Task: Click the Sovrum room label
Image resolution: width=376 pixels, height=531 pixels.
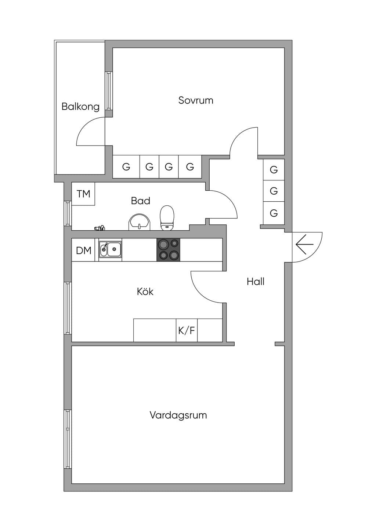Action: (196, 100)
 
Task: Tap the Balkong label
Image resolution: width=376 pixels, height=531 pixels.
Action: (80, 107)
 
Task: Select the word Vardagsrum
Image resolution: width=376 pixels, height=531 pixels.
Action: (178, 415)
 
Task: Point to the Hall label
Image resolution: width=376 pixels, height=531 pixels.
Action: (256, 281)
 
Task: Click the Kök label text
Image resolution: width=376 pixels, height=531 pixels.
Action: (145, 291)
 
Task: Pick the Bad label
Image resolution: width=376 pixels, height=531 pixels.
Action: (141, 201)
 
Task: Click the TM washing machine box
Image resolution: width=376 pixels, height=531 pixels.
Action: (83, 194)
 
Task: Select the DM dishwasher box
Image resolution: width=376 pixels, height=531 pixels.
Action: (83, 250)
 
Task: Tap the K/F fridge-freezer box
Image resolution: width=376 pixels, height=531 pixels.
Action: (187, 330)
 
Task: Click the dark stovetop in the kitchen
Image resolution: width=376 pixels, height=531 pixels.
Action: (168, 250)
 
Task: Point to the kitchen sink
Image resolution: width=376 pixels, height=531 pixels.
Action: (111, 249)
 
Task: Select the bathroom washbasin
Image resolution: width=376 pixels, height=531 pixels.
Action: (140, 222)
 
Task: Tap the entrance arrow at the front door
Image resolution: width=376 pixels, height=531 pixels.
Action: (304, 244)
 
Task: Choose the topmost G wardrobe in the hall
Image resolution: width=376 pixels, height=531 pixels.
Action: (274, 170)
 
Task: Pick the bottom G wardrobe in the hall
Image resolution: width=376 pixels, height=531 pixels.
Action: (274, 213)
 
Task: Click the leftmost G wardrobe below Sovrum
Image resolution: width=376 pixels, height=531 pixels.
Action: (126, 166)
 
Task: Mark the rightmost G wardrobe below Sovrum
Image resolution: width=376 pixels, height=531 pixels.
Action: (190, 166)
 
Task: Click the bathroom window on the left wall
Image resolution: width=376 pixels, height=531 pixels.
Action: (68, 213)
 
